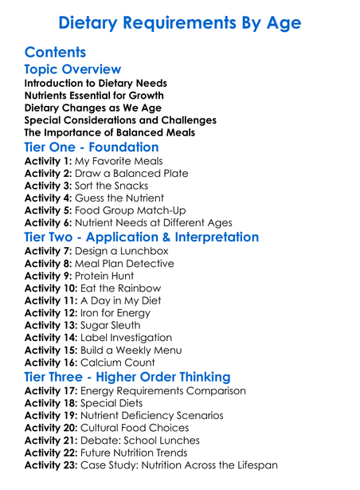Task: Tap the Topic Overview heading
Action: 72,70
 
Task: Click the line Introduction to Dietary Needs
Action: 96,83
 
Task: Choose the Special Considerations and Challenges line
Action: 120,120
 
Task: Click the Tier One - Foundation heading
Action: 92,147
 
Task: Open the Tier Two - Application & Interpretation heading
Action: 142,237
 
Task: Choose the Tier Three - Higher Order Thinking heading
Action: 127,377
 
